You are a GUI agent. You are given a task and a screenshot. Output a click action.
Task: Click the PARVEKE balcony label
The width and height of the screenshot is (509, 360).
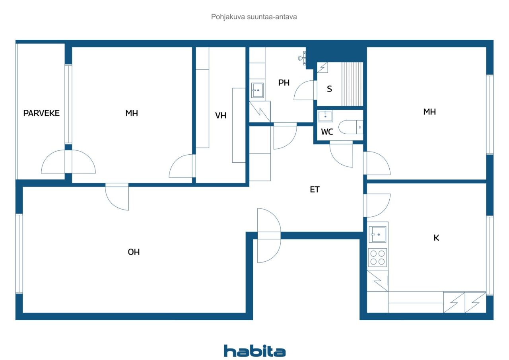[41, 113]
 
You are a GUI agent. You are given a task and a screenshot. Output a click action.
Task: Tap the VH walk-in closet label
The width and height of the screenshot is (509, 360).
[221, 115]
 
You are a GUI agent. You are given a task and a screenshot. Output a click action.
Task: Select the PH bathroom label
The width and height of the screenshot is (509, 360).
[284, 82]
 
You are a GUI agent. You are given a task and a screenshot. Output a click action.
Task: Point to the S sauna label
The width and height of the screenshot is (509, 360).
[329, 89]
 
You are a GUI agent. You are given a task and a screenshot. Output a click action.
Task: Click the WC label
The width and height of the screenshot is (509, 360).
[327, 132]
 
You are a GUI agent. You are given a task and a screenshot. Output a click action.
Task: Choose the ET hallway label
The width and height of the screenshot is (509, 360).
[315, 189]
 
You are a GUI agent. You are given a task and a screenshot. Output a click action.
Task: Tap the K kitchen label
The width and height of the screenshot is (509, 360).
[436, 238]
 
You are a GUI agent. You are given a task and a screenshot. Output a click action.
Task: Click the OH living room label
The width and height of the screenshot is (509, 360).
[134, 252]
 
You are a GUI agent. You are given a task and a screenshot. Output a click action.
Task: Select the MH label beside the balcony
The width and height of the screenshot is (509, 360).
[132, 113]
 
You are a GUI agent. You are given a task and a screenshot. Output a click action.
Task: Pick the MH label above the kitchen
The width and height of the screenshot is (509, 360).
[429, 112]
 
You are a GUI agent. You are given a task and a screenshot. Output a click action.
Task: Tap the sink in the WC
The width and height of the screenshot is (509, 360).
[325, 116]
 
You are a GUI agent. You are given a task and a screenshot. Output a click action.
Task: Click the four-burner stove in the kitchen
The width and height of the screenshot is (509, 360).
[377, 257]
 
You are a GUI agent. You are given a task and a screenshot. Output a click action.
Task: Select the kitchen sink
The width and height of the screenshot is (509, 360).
[377, 234]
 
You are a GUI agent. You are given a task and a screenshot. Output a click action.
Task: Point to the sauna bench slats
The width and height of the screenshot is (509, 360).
[352, 84]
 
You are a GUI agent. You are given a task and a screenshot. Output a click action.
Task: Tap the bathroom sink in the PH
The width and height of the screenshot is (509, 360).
[257, 90]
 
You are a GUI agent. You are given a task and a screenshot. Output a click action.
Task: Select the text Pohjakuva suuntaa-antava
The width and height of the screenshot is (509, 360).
[254, 17]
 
